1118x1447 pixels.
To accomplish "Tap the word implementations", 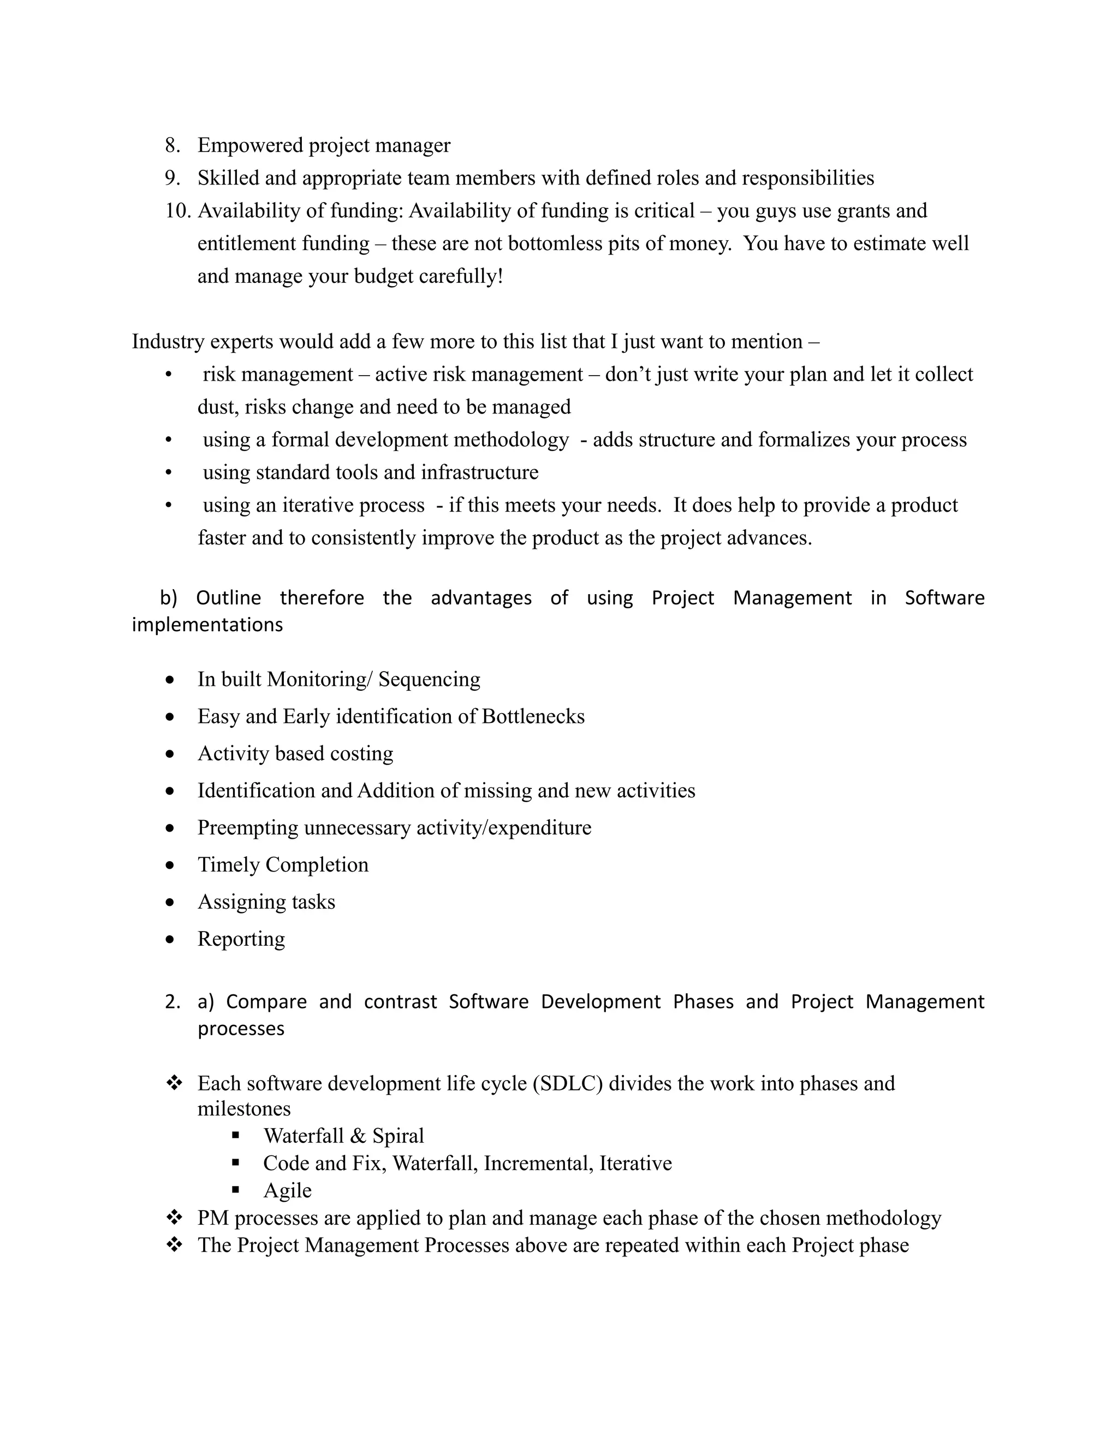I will pyautogui.click(x=207, y=625).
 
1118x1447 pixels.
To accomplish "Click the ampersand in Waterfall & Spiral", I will pyautogui.click(x=358, y=1136).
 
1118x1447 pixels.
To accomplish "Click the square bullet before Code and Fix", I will pyautogui.click(x=236, y=1163).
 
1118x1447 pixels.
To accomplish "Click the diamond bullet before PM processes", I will pyautogui.click(x=174, y=1217).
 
